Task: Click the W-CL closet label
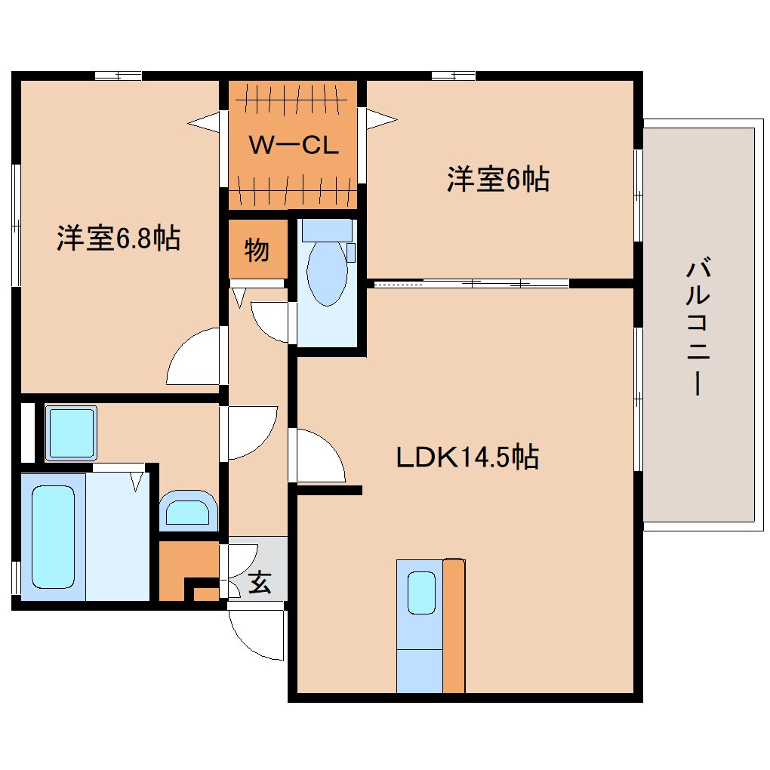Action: click(293, 146)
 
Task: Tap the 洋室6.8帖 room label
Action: click(118, 239)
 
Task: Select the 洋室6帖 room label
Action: click(497, 180)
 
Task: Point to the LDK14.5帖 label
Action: click(467, 456)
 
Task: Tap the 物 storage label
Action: click(257, 250)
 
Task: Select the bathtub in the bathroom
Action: click(53, 537)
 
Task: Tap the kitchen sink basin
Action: click(422, 593)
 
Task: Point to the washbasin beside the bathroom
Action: click(188, 509)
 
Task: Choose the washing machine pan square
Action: click(71, 433)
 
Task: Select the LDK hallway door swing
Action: click(318, 456)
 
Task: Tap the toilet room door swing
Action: click(270, 321)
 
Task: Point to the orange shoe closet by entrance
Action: click(187, 571)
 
